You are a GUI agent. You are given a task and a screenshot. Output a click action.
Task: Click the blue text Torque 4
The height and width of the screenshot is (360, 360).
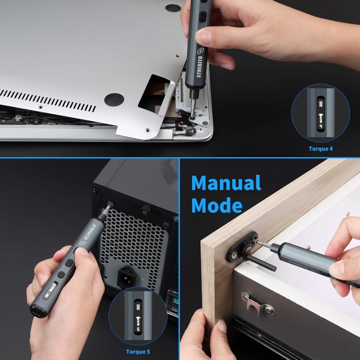(x=320, y=149)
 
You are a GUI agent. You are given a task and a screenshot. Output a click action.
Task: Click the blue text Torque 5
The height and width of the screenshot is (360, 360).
(x=138, y=352)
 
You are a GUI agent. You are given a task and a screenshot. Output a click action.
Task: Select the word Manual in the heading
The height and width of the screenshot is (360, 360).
(x=226, y=183)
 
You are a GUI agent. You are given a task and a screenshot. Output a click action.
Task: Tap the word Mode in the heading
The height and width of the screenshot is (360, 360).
(x=217, y=205)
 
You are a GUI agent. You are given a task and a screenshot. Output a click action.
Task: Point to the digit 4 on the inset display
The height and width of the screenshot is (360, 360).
(x=321, y=126)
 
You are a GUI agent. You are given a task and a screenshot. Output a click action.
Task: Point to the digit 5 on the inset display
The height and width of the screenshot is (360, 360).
(x=138, y=329)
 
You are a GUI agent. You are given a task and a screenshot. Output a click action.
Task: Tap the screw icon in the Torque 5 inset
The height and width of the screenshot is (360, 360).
(x=138, y=318)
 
